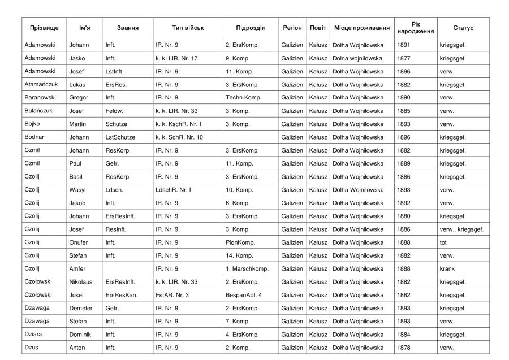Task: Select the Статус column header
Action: tap(463, 28)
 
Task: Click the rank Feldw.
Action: tap(114, 111)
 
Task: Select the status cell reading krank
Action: tap(446, 269)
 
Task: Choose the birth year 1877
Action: tap(404, 58)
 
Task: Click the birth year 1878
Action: tap(404, 348)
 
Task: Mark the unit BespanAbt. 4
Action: tap(244, 295)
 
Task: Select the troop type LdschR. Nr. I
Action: tap(173, 190)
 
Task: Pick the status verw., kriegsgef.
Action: tap(461, 229)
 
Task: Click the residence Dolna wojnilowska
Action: tap(357, 58)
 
